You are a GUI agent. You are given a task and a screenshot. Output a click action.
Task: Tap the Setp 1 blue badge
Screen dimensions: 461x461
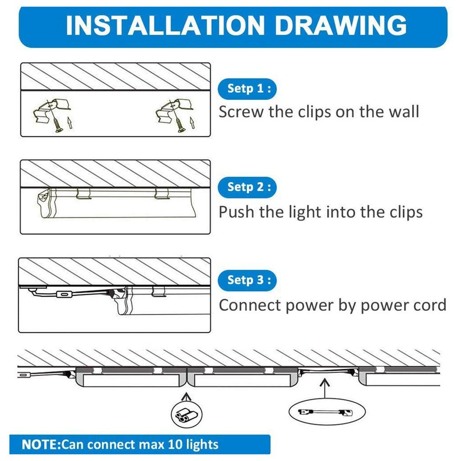click(x=247, y=89)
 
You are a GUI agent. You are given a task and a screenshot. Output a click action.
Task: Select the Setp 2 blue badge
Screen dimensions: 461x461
click(x=247, y=187)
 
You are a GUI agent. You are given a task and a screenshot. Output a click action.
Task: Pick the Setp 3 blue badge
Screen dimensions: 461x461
click(x=247, y=280)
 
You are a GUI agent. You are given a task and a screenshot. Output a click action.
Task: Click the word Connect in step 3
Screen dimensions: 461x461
click(x=250, y=305)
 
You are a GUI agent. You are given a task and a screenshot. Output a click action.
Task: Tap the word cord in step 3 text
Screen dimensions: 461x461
click(x=426, y=305)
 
